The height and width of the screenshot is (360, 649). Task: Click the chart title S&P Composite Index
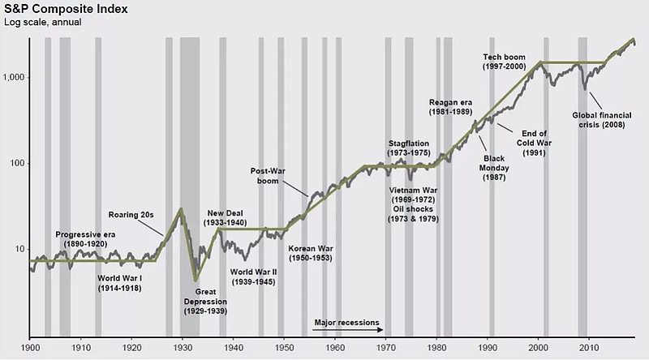61,9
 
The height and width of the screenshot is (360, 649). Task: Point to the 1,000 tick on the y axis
14,78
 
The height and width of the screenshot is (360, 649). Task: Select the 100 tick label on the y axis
16,164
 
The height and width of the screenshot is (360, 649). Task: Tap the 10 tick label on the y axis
19,249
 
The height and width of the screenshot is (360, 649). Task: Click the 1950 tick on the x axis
284,347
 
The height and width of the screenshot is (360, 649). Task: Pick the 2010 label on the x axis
587,347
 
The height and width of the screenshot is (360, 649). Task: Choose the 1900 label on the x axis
30,347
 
